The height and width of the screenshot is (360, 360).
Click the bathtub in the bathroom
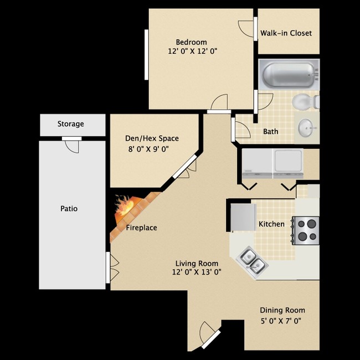pos(289,74)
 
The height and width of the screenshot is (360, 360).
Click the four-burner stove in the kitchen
pos(307,230)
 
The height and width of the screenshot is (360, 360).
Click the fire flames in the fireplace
pos(126,208)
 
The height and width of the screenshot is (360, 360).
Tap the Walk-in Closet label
pos(286,33)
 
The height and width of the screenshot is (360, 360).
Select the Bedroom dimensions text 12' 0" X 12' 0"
pos(192,52)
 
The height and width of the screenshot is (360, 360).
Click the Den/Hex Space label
pos(152,138)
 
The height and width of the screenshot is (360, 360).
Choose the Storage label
pos(71,124)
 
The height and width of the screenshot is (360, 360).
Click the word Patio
pos(69,209)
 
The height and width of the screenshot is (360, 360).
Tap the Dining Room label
pos(282,310)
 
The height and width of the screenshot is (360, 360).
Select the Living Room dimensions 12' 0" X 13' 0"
pos(197,272)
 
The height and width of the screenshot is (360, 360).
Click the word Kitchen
pos(271,224)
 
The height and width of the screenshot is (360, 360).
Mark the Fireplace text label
pos(141,228)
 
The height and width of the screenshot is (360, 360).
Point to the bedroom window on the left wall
pos(147,54)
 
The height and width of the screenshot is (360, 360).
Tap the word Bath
pos(270,132)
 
